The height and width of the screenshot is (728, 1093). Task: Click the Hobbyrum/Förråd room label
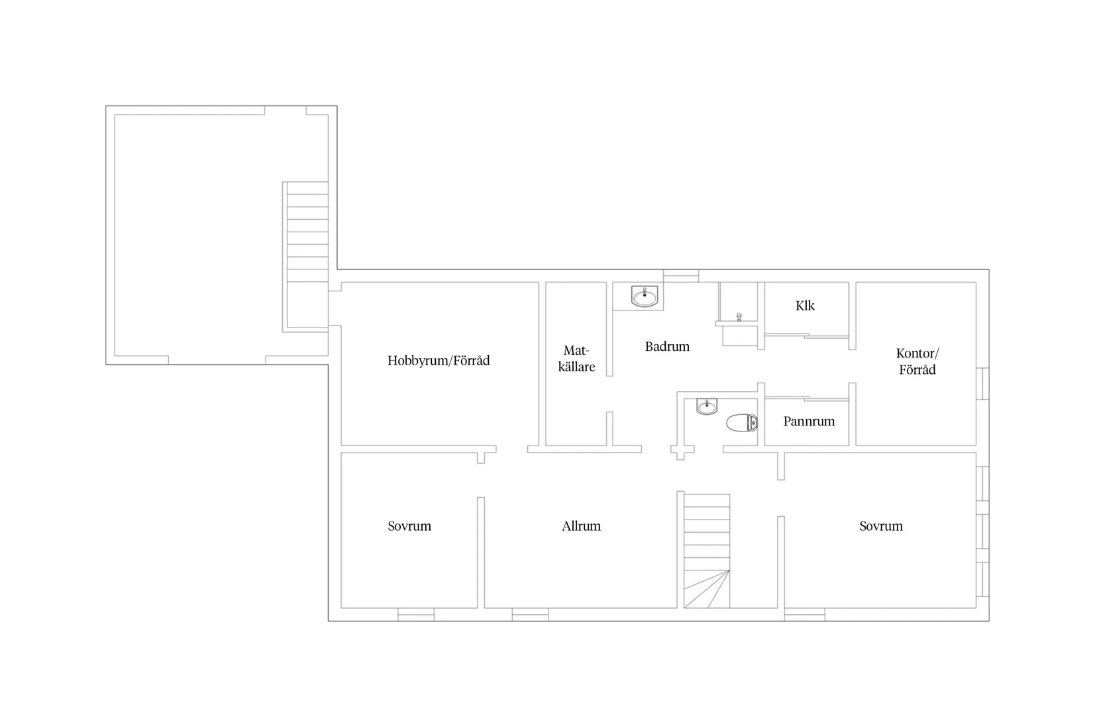tap(439, 361)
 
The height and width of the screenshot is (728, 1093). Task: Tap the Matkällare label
tap(576, 359)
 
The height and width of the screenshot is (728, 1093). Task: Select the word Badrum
tap(667, 347)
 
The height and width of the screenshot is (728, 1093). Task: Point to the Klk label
tap(805, 306)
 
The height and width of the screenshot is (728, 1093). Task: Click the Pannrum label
tap(809, 422)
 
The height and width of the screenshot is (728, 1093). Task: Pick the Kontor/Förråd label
tap(917, 361)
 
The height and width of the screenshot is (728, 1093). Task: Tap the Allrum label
tap(581, 526)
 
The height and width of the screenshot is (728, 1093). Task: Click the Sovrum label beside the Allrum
tap(409, 526)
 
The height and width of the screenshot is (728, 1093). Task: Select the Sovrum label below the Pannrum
tap(881, 526)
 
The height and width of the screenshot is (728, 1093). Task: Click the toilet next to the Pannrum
tap(742, 423)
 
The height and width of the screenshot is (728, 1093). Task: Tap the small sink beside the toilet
tap(707, 406)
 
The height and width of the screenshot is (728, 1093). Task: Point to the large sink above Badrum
tap(645, 296)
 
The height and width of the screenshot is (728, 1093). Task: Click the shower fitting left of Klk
tap(739, 318)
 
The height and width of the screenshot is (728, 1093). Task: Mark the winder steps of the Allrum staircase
tap(707, 589)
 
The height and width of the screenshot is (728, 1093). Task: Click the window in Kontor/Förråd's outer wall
tap(983, 384)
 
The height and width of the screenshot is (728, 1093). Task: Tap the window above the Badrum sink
tap(681, 276)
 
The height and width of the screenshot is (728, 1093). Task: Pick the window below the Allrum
tap(531, 614)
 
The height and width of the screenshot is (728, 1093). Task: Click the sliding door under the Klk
tap(807, 336)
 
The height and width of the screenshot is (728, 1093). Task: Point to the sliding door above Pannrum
tap(807, 399)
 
